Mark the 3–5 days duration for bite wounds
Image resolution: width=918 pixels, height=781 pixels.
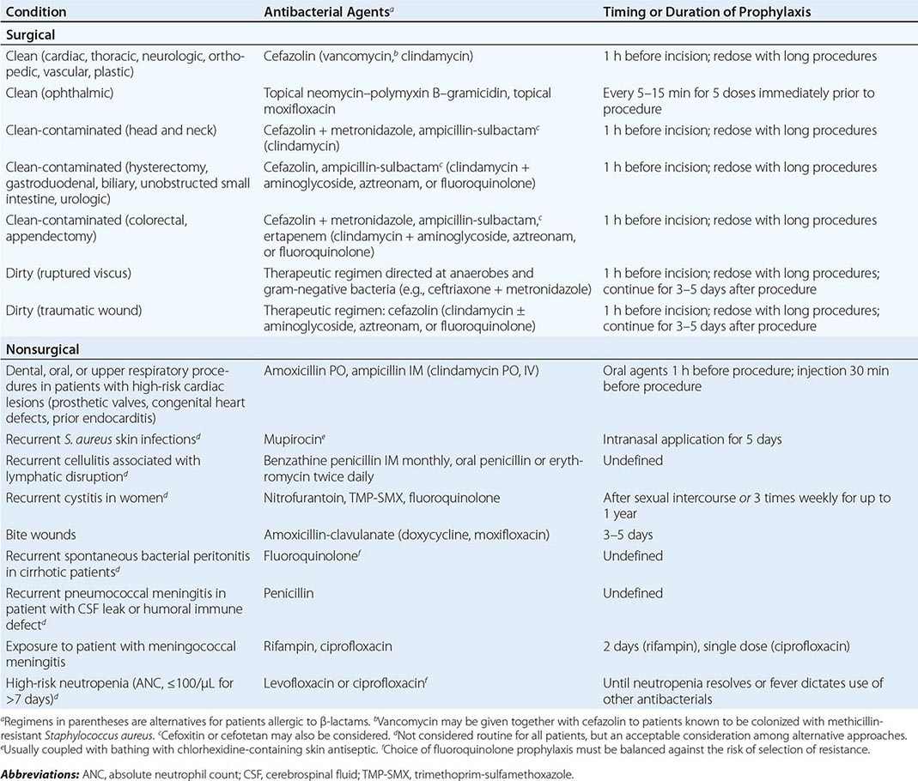[628, 535]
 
